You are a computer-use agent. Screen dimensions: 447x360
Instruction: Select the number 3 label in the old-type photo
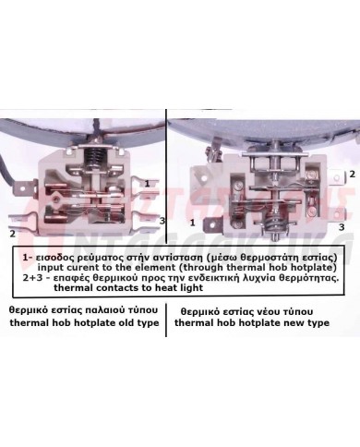[162, 222]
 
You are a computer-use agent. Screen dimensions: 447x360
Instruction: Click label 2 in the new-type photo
[351, 174]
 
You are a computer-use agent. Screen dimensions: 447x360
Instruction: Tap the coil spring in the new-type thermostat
[272, 221]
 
